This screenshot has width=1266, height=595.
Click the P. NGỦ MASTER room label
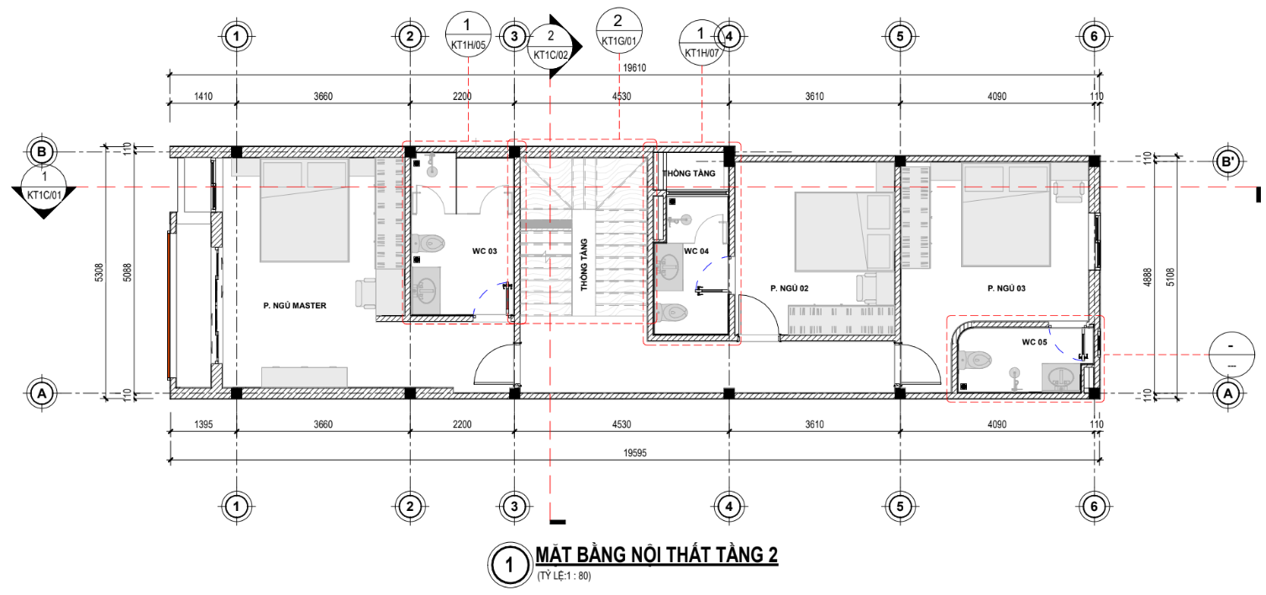point(295,305)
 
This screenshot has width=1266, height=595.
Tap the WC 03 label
point(485,251)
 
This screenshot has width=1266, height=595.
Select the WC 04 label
point(696,251)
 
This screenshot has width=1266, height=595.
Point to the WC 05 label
point(1034,341)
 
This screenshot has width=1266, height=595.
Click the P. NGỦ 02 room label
point(789,288)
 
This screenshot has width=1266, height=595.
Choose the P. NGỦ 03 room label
point(1006,288)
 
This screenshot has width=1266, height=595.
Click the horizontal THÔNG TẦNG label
point(689,173)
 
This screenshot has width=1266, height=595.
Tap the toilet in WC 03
point(428,244)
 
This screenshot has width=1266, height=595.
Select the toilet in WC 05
point(975,360)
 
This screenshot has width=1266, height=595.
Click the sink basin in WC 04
point(670,266)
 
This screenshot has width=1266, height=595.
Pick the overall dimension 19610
point(634,68)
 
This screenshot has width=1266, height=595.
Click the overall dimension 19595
point(635,452)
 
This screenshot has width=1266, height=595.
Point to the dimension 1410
point(203,96)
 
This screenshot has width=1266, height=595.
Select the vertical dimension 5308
point(99,272)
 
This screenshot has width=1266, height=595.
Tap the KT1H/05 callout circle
point(468,34)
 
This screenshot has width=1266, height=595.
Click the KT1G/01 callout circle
point(619,30)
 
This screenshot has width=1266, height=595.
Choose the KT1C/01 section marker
point(44,190)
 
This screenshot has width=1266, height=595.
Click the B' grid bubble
point(1227,162)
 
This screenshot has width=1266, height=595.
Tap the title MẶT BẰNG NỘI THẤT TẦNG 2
point(657,555)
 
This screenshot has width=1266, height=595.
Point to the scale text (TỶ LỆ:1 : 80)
point(564,577)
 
